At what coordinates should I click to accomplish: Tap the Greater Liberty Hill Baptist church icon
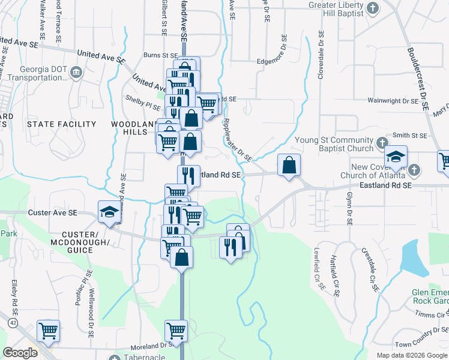373,8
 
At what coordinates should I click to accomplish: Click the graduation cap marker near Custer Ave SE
109,212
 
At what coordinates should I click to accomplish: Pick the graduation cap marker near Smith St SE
396,157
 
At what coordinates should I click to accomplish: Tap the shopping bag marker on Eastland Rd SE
289,164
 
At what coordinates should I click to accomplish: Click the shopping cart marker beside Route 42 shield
48,329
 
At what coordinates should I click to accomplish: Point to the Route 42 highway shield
13,323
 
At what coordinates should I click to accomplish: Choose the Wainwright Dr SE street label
393,101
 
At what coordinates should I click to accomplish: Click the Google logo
20,353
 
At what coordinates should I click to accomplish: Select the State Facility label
61,124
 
